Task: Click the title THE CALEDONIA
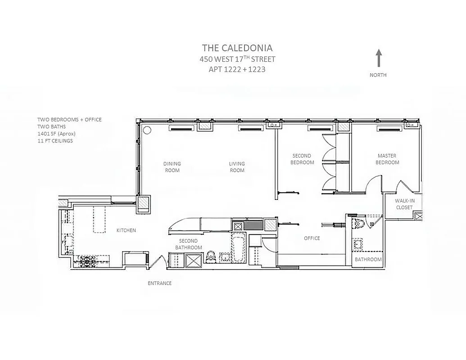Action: click(x=237, y=48)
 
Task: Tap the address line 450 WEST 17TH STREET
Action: click(x=237, y=59)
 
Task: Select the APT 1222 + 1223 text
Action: click(x=237, y=69)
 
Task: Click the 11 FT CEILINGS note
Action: click(x=55, y=141)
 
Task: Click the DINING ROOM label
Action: click(x=172, y=167)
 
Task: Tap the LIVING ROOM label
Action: click(x=237, y=167)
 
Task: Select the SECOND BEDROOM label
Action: click(x=302, y=159)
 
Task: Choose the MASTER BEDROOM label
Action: click(x=387, y=159)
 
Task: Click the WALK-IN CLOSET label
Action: click(x=404, y=204)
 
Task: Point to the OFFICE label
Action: click(x=312, y=238)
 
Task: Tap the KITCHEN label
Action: click(x=126, y=230)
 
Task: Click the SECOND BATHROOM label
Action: click(x=188, y=244)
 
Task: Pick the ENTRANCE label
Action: click(x=159, y=283)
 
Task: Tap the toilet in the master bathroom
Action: click(x=360, y=223)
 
